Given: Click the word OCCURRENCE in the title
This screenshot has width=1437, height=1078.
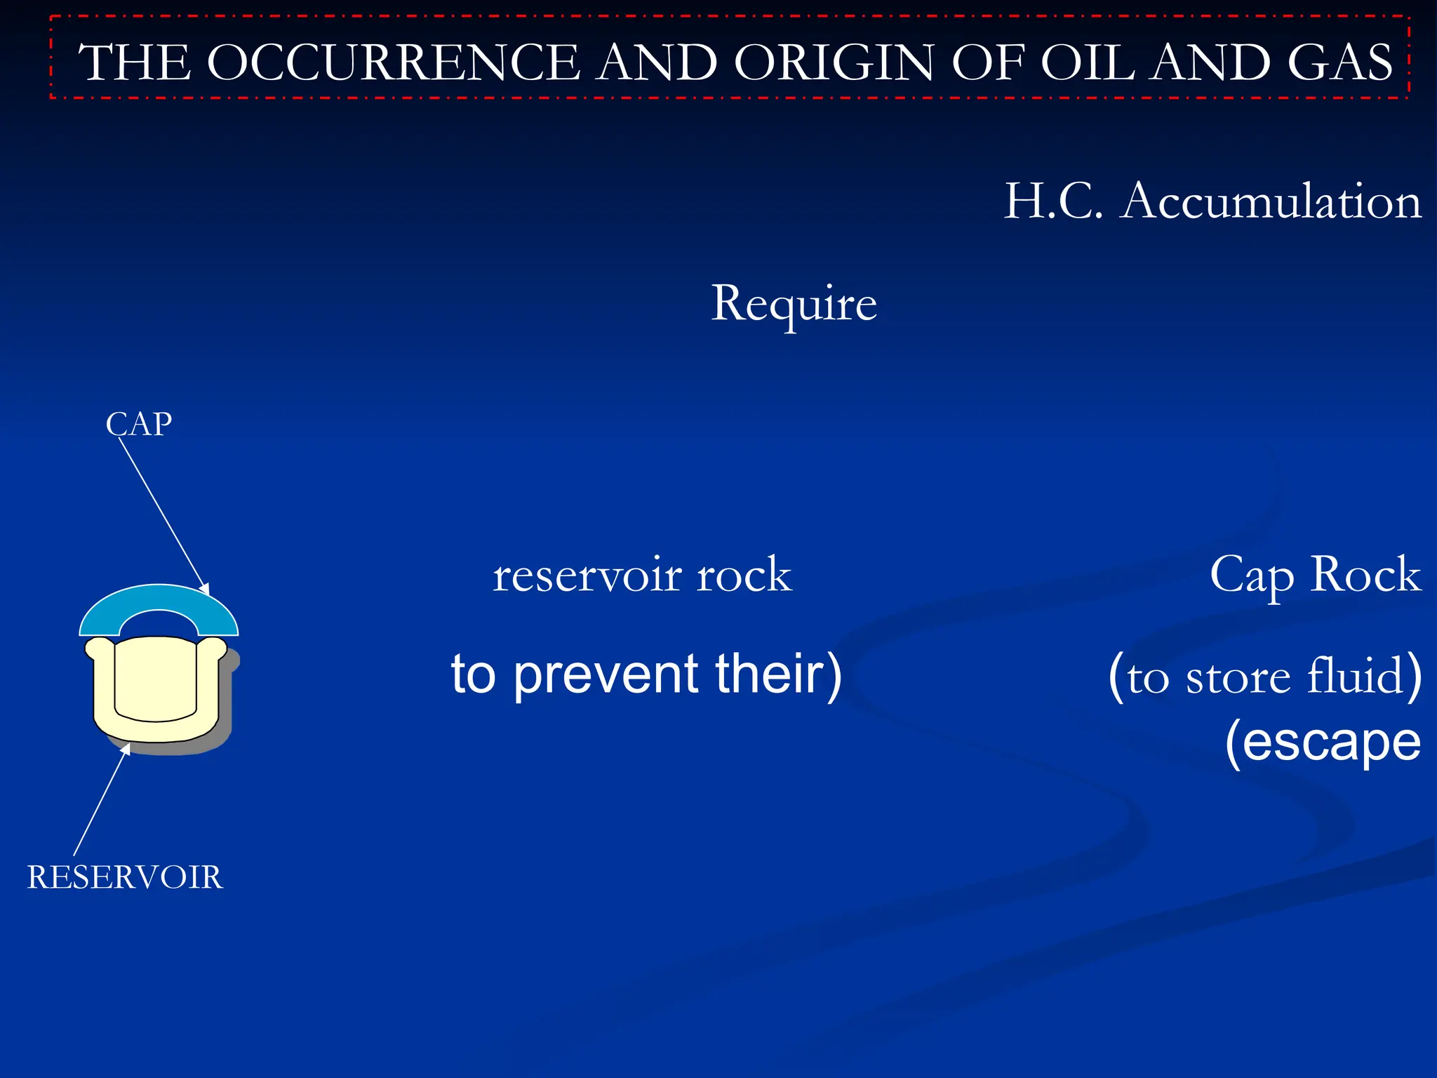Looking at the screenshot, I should click(x=394, y=62).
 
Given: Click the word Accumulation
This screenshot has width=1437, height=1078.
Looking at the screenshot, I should click(x=1270, y=202).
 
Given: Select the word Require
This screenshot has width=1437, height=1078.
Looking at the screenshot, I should click(x=794, y=304).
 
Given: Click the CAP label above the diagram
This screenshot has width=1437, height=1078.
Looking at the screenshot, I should click(x=139, y=424).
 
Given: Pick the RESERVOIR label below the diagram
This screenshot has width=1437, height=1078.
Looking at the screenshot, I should click(x=125, y=877).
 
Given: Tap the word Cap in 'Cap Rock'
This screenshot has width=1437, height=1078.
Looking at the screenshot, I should click(x=1252, y=575).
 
